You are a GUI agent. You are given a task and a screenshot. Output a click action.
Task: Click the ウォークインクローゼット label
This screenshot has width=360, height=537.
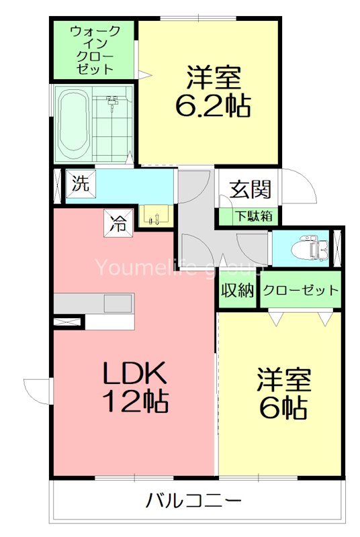tap(95, 50)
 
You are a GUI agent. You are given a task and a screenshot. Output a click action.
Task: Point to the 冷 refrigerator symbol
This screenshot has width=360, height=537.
tap(118, 222)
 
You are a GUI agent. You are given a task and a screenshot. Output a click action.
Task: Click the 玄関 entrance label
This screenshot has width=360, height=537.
tap(251, 189)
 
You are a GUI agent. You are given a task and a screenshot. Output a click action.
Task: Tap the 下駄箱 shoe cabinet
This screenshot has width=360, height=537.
tap(249, 217)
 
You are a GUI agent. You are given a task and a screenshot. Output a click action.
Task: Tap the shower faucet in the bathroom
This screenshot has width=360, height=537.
tap(112, 102)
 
